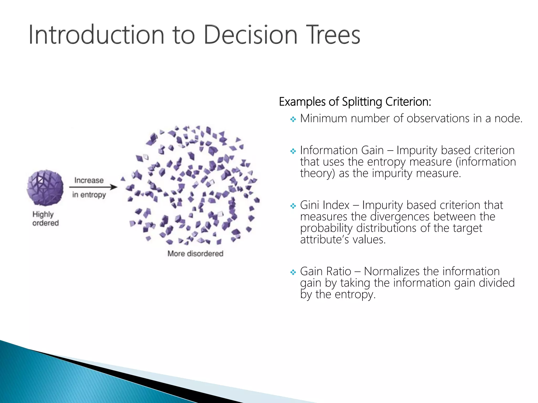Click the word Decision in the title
[250, 35]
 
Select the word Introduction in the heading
[96, 35]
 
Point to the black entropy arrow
[93, 187]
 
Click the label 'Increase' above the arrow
[89, 180]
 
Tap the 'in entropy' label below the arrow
[89, 195]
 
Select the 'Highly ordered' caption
[45, 219]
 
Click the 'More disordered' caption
[195, 253]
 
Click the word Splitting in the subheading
[362, 102]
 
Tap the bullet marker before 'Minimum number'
[293, 120]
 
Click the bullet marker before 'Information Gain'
[293, 151]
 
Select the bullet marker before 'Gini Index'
[293, 206]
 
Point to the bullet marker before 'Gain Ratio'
[293, 272]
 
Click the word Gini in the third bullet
[311, 205]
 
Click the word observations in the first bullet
[438, 118]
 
